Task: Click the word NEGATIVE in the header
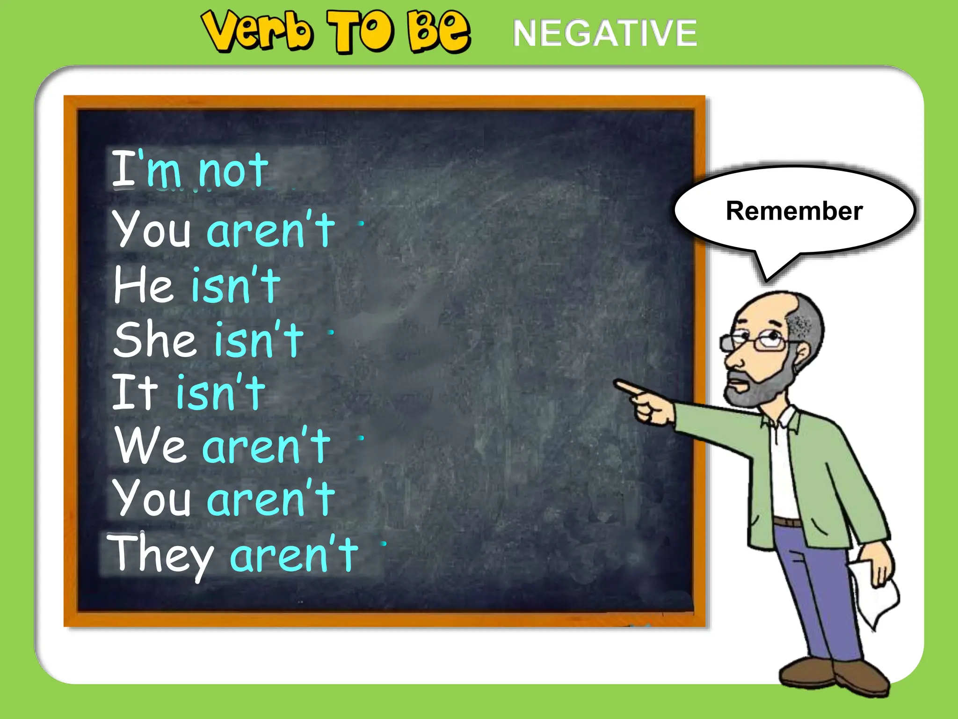point(604,33)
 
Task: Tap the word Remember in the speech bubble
point(794,211)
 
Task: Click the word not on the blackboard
point(233,170)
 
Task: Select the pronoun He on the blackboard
point(143,284)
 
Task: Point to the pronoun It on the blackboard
point(135,392)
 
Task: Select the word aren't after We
point(266,446)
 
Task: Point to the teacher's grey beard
point(758,389)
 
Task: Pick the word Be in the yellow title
point(438,32)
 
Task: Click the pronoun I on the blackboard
point(123,169)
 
